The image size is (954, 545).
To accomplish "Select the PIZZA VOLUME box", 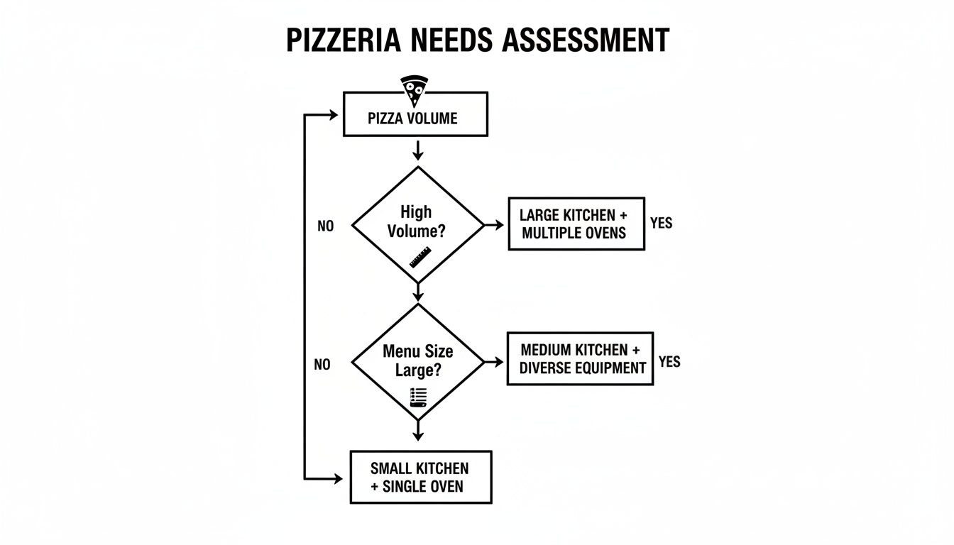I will coord(415,118).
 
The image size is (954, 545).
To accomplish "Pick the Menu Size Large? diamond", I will coord(417,362).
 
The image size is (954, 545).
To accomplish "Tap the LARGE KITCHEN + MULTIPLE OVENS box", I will coord(576,224).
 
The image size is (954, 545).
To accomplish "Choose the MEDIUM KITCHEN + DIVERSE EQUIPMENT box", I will coord(580,359).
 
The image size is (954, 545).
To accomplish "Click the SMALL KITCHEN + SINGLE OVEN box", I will coord(420,477).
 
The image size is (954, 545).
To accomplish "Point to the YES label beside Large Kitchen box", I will coord(661,223).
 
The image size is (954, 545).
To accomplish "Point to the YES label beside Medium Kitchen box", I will coord(669,362).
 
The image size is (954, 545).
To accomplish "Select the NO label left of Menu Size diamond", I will coord(322,365).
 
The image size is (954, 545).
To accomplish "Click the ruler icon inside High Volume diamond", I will coord(420,257).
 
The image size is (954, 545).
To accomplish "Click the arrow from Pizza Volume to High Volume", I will coord(417,150).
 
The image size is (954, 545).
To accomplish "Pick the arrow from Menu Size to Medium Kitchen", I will coord(494,362).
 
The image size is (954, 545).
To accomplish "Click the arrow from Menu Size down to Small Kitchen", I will coord(417,429).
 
